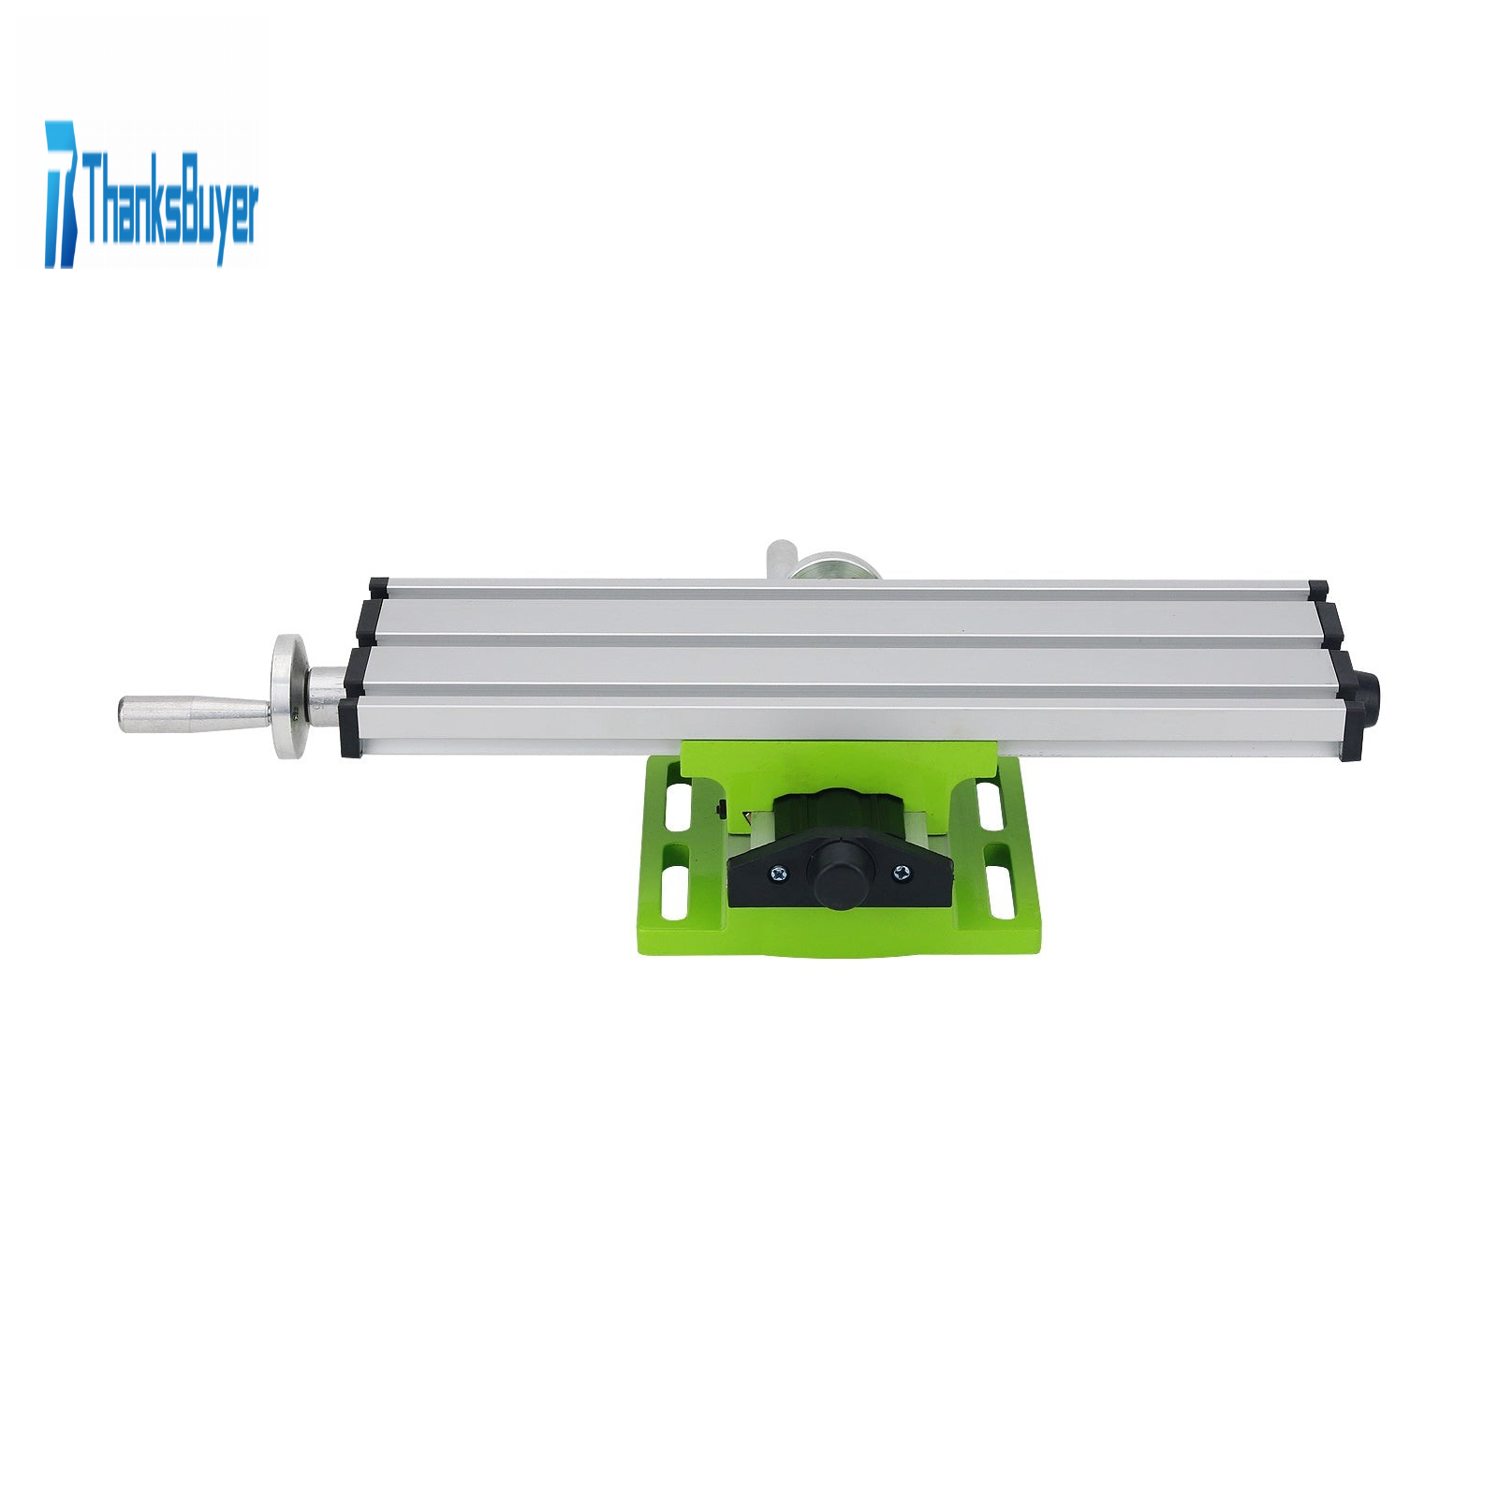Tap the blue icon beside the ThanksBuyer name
coord(61,194)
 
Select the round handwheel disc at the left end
coord(289,698)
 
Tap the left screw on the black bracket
coord(779,874)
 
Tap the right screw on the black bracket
coord(901,874)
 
